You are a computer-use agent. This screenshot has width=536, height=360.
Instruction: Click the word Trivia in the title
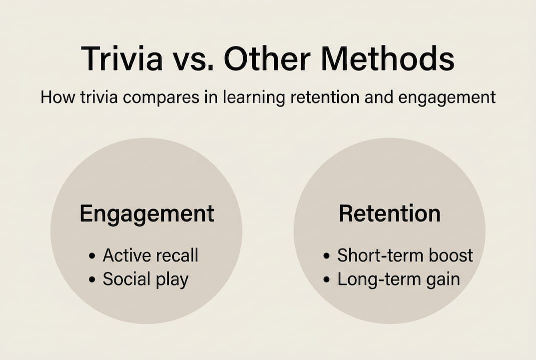121,58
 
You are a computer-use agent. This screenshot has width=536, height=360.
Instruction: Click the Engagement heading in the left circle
147,213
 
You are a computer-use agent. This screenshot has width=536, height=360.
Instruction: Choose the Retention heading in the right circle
390,213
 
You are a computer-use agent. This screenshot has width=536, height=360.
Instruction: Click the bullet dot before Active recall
92,256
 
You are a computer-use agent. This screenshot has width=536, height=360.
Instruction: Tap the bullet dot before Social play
92,280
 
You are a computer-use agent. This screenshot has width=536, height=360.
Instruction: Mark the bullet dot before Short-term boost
327,256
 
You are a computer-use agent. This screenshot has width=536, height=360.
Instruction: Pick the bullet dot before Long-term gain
327,280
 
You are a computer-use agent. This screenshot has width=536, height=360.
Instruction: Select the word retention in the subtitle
322,96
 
